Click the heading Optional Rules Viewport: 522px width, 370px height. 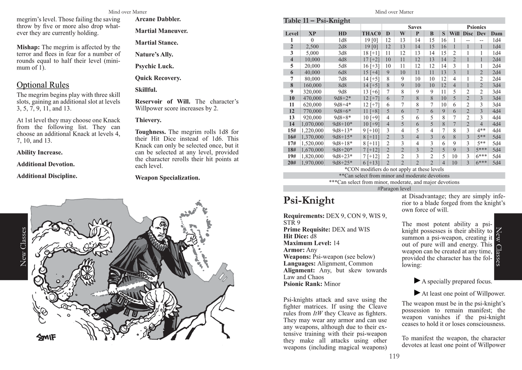(x=43, y=85)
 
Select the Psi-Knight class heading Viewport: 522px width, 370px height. (x=309, y=200)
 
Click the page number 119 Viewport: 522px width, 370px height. (x=394, y=357)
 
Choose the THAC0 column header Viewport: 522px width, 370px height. (x=371, y=33)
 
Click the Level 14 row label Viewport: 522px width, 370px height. (x=291, y=123)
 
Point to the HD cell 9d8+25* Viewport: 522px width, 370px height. (x=342, y=163)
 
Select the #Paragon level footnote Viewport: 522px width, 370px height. (x=394, y=189)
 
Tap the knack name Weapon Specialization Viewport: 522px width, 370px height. (x=167, y=178)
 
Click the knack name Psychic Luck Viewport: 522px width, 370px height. (x=154, y=67)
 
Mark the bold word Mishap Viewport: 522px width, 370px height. (x=28, y=47)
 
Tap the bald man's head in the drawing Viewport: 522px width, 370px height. (x=161, y=228)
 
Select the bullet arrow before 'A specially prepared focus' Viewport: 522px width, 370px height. (x=417, y=281)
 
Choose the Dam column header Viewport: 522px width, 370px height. (x=496, y=33)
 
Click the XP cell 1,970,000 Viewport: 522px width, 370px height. (x=312, y=163)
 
